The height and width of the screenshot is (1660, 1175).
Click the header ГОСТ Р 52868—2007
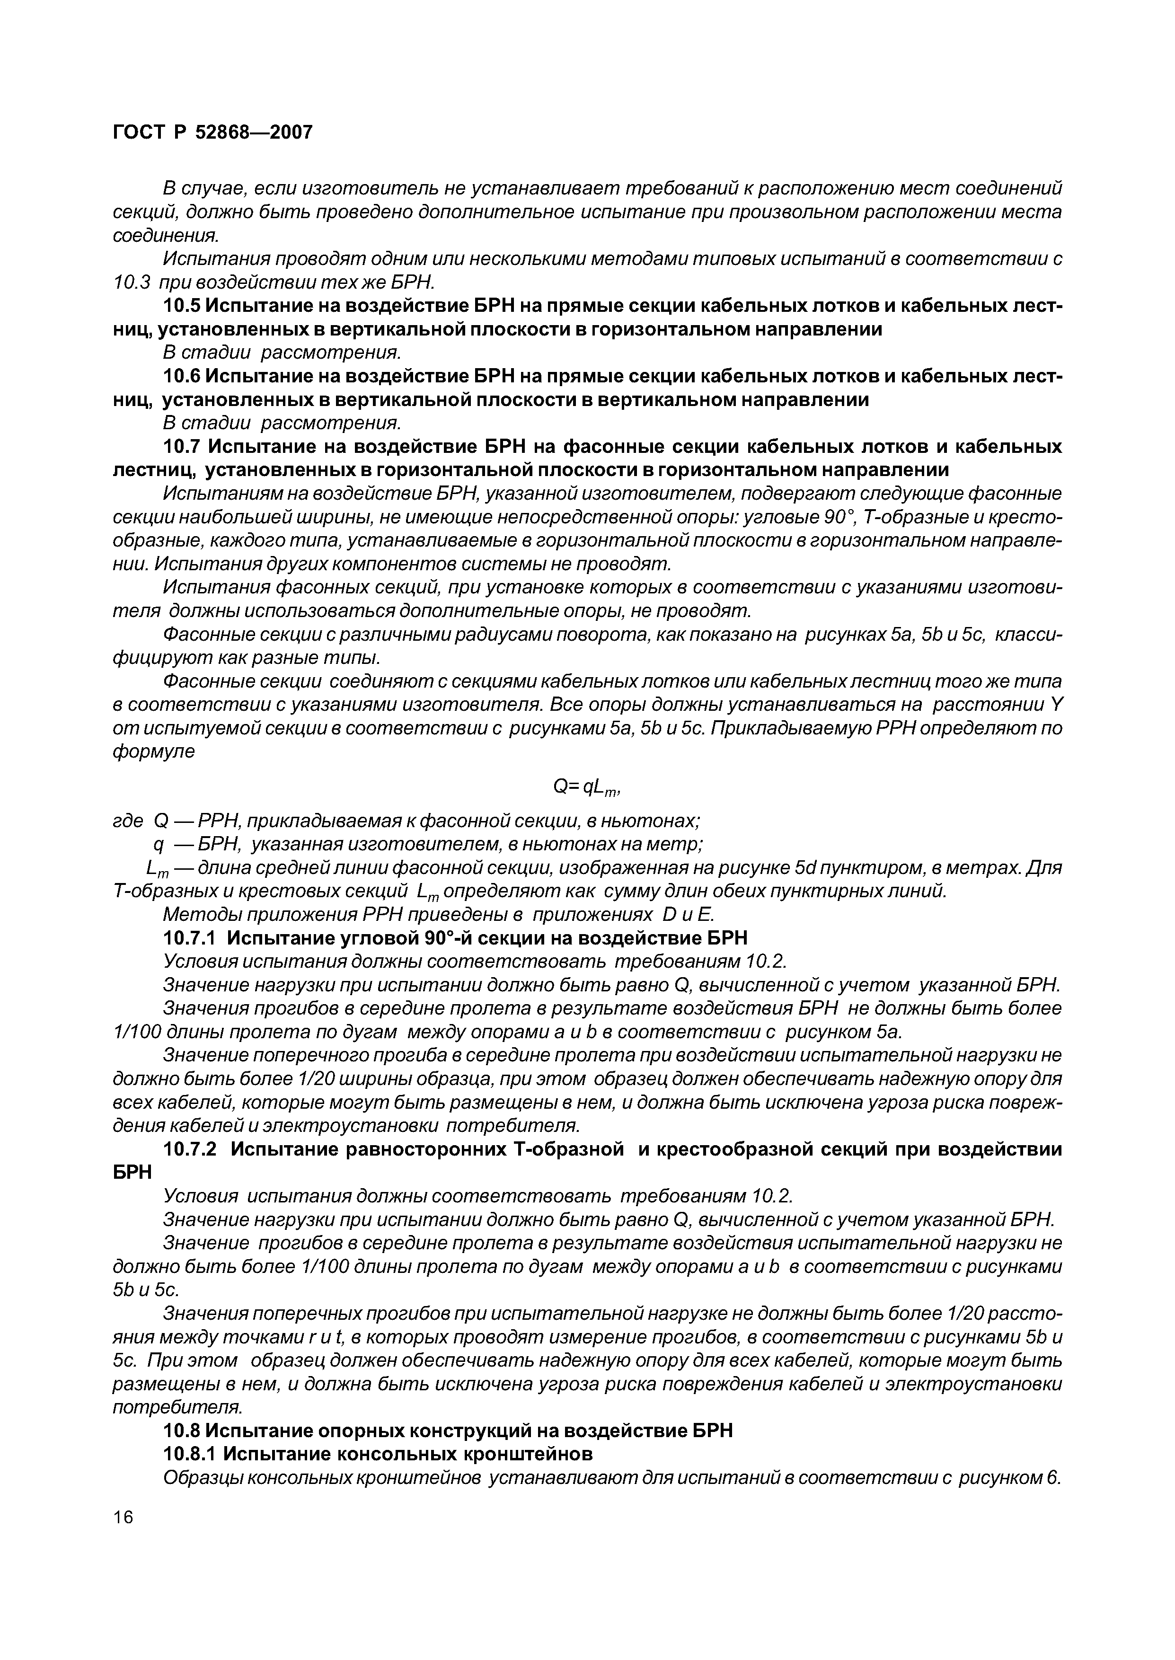tap(213, 132)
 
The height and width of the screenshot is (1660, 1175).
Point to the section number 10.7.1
tap(191, 938)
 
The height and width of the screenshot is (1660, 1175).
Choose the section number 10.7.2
tap(191, 1149)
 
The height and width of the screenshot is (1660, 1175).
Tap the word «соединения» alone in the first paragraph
tap(166, 236)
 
